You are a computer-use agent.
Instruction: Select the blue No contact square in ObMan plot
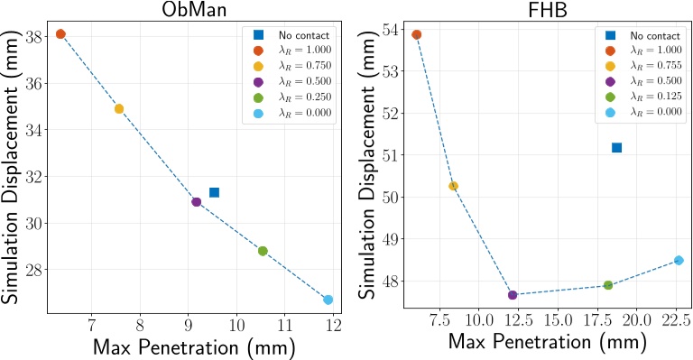(214, 192)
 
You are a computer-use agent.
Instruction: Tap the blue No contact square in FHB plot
(616, 147)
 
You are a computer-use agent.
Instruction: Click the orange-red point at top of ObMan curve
(60, 34)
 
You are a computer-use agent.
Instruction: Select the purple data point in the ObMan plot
(196, 202)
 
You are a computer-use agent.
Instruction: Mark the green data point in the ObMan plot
(263, 251)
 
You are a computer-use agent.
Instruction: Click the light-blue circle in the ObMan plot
(328, 300)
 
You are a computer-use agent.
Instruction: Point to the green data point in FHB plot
(608, 285)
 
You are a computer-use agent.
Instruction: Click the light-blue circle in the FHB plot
(679, 261)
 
